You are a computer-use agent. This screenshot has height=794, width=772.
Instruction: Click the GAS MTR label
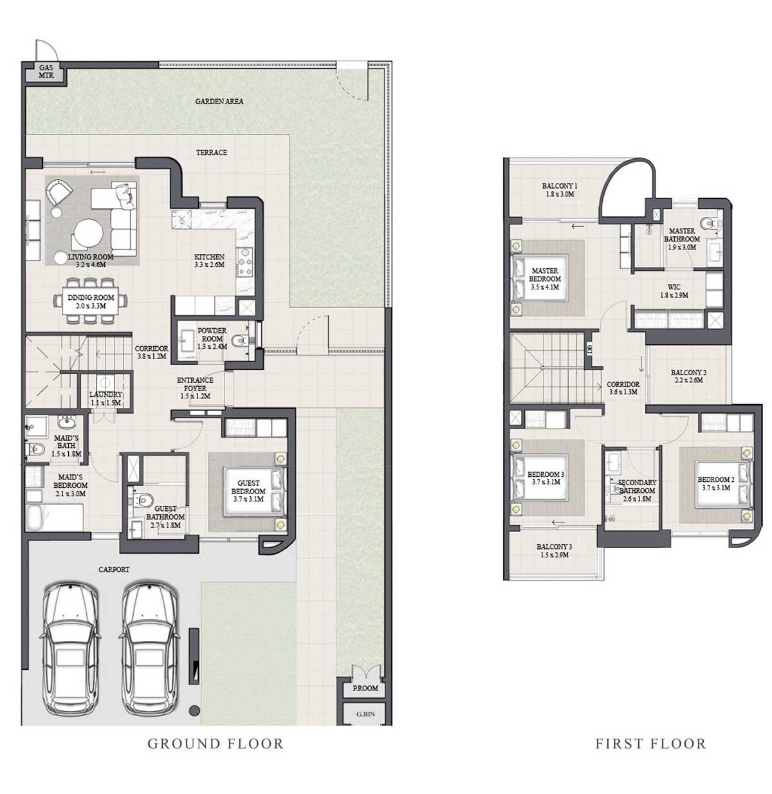pyautogui.click(x=46, y=72)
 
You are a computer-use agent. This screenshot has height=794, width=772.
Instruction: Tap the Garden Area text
pyautogui.click(x=219, y=101)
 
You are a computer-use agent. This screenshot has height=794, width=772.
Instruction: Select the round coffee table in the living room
pyautogui.click(x=88, y=234)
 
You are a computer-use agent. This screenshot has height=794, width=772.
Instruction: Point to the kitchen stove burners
pyautogui.click(x=245, y=263)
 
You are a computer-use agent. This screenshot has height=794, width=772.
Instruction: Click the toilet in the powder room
pyautogui.click(x=239, y=340)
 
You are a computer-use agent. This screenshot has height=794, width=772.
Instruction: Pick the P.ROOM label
pyautogui.click(x=365, y=688)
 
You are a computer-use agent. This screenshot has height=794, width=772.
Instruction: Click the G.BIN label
pyautogui.click(x=365, y=714)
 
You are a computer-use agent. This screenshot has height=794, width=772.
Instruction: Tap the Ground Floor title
pyautogui.click(x=216, y=755)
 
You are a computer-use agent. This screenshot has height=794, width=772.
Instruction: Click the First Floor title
pyautogui.click(x=650, y=755)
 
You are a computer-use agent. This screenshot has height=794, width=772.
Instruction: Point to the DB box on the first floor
pyautogui.click(x=589, y=349)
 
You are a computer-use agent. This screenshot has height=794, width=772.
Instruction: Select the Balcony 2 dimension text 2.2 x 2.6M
pyautogui.click(x=688, y=380)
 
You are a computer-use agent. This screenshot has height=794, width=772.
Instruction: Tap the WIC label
pyautogui.click(x=674, y=287)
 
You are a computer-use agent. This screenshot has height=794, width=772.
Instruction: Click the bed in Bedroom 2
pyautogui.click(x=724, y=485)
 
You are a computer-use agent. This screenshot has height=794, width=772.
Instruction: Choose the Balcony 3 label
pyautogui.click(x=554, y=547)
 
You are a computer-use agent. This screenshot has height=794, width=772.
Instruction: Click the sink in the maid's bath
pyautogui.click(x=66, y=423)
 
